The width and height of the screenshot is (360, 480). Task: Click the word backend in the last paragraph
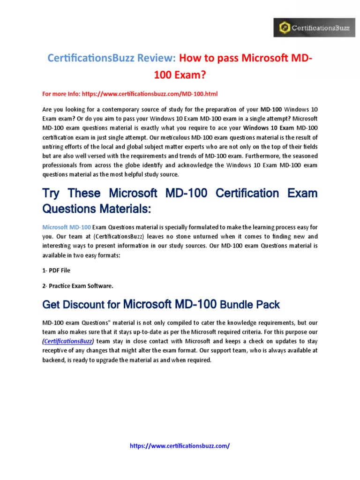(x=55, y=360)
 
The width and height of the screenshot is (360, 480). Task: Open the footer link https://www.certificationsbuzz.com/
(x=180, y=446)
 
